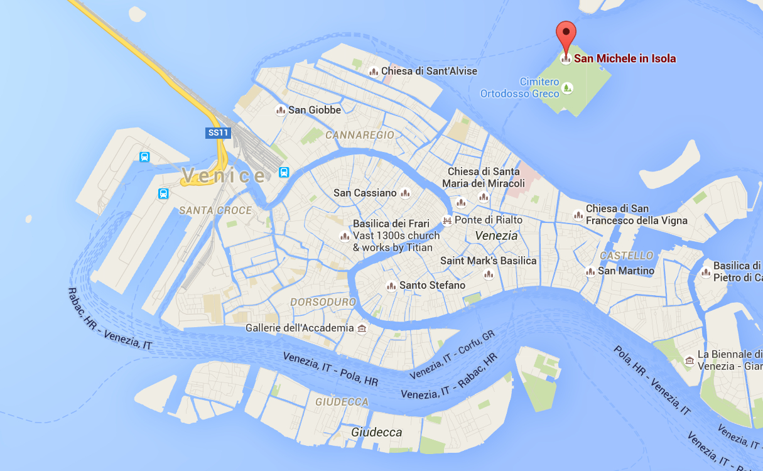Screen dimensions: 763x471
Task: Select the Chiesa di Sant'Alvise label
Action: (x=429, y=71)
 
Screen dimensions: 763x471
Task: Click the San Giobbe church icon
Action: (x=281, y=111)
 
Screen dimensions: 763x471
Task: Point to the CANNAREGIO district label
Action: (x=360, y=135)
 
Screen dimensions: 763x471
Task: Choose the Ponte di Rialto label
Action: (x=489, y=220)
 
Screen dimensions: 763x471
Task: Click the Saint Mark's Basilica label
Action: (x=489, y=261)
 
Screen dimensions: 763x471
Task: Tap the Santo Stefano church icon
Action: (x=391, y=286)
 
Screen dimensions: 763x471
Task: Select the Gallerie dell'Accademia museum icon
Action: (x=362, y=328)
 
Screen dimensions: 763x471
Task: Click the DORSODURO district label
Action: (x=323, y=302)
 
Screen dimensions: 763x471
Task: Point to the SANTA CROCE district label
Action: (x=215, y=210)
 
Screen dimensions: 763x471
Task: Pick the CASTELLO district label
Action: (x=627, y=256)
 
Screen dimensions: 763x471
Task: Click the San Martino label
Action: (x=626, y=271)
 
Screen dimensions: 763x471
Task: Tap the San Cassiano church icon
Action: (x=405, y=193)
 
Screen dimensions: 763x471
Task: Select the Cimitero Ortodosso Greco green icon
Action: (x=567, y=88)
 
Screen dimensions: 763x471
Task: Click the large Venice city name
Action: (x=224, y=176)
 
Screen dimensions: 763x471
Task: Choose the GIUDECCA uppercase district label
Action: (x=342, y=401)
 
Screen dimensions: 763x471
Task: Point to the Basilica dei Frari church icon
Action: (x=344, y=236)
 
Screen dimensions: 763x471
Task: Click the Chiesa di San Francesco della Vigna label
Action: (x=636, y=214)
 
